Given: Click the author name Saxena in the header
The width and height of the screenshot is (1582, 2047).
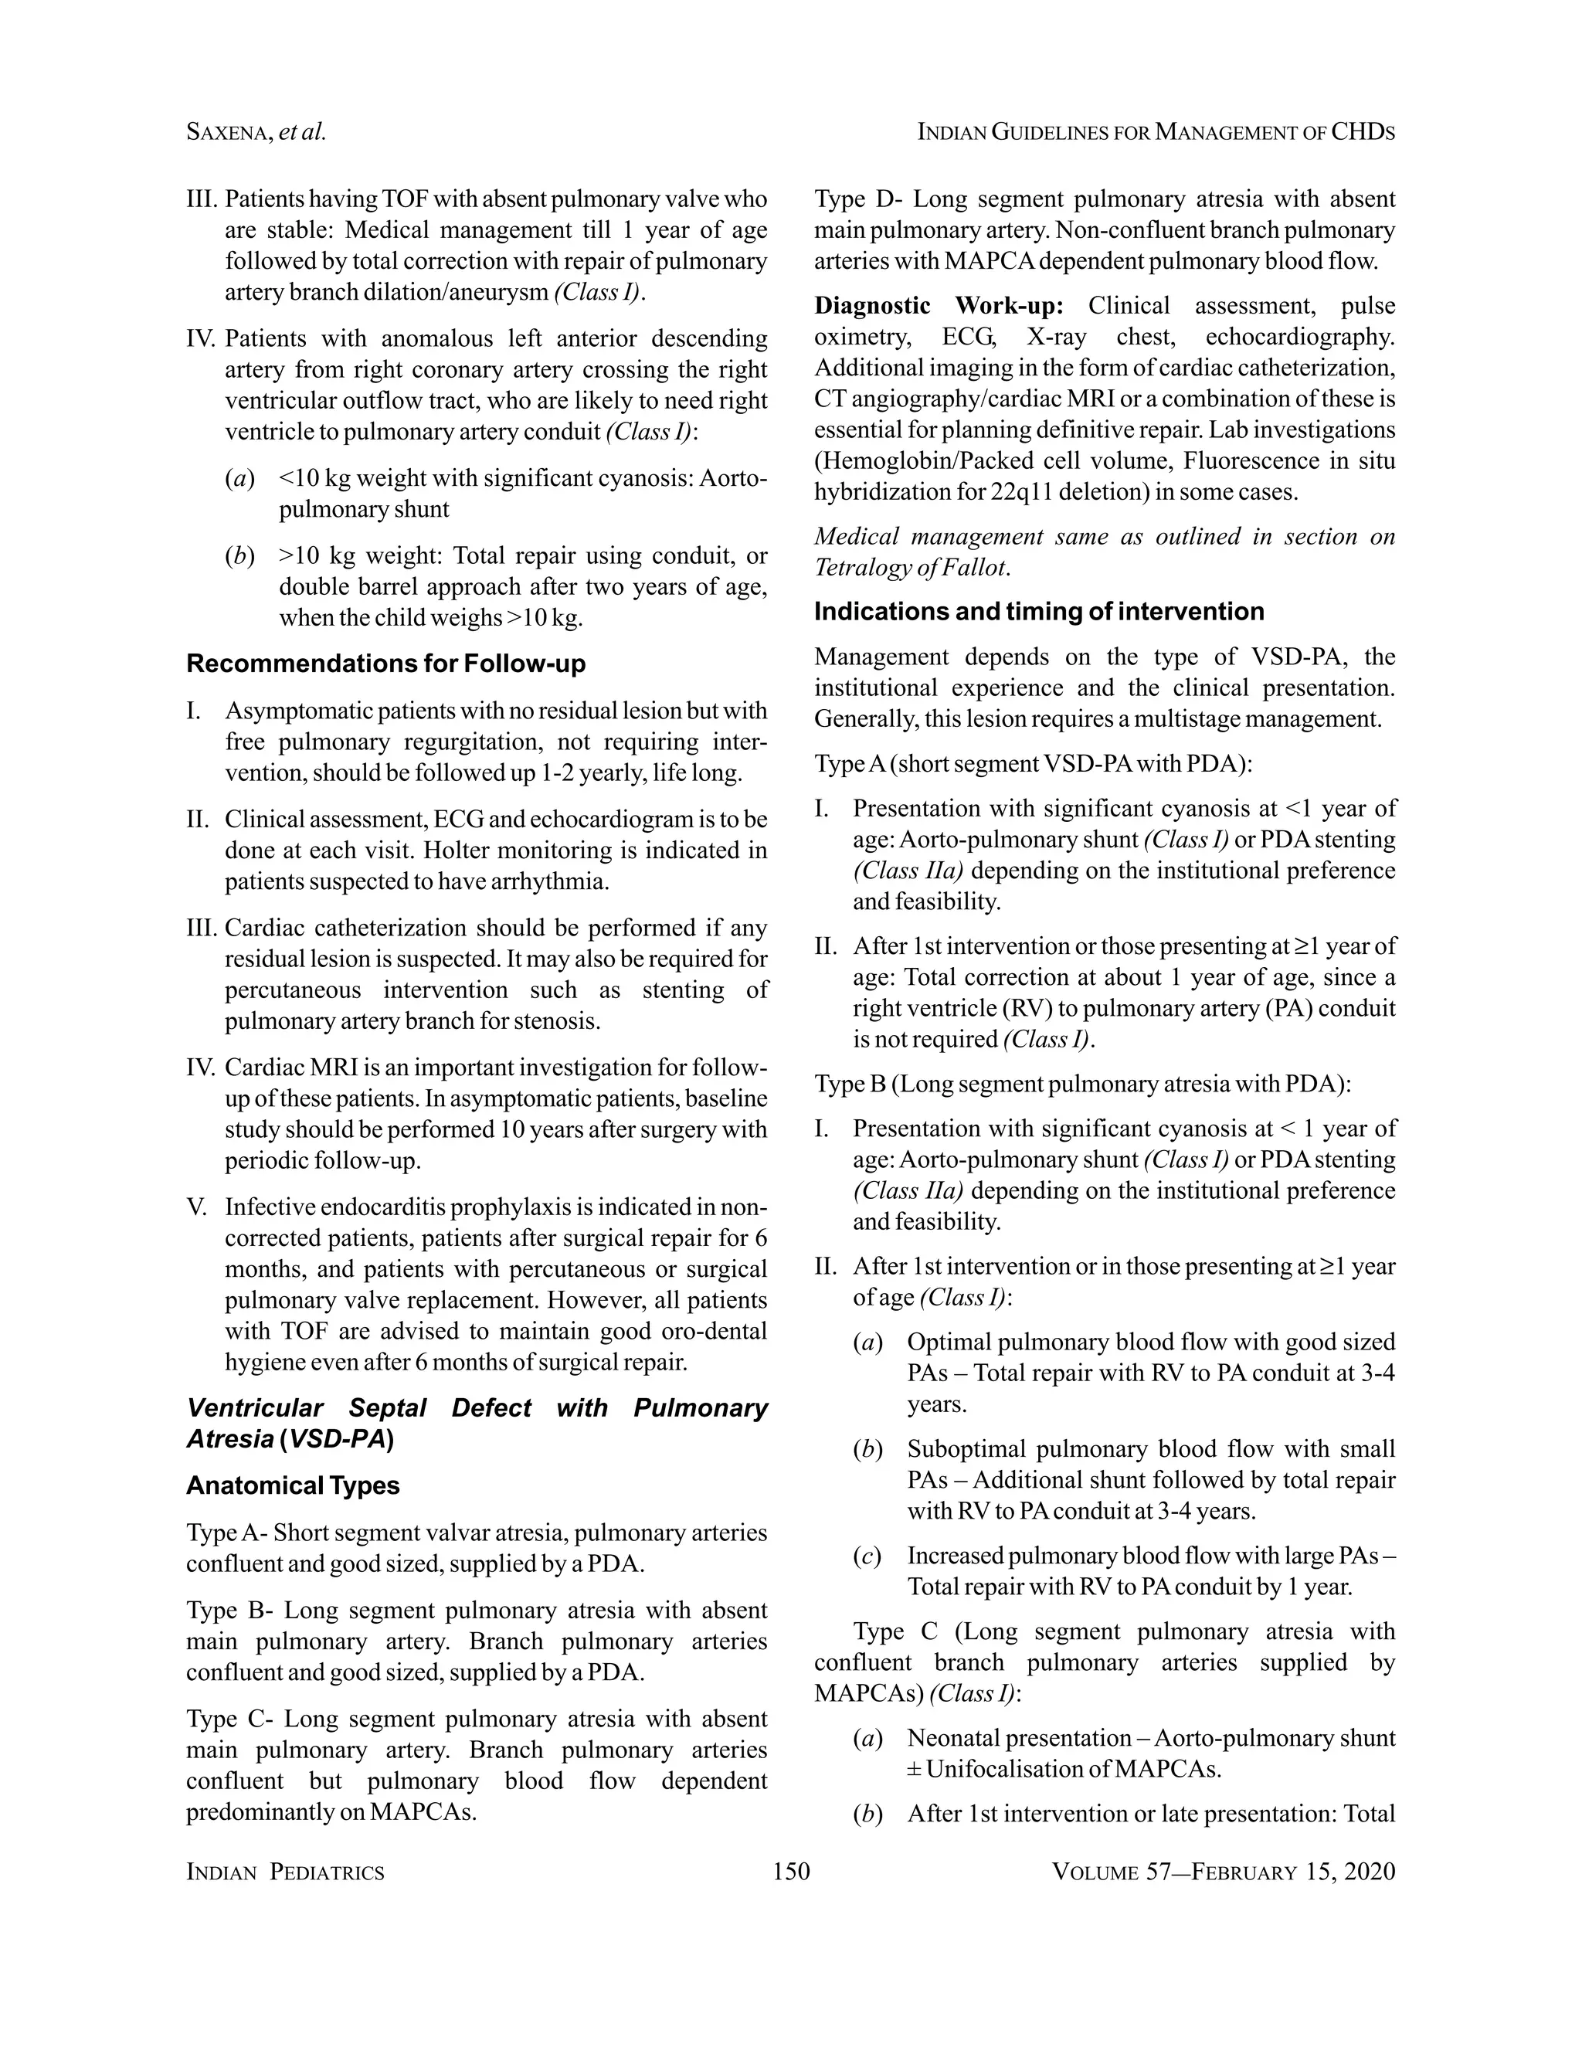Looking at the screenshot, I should [x=228, y=132].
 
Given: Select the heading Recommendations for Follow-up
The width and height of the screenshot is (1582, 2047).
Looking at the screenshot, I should [x=385, y=664].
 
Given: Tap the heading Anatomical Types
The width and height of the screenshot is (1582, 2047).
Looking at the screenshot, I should [x=293, y=1485].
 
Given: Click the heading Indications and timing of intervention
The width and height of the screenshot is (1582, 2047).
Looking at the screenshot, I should [x=1038, y=611].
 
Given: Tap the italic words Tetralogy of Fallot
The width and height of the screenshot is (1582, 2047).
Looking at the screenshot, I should [x=909, y=567].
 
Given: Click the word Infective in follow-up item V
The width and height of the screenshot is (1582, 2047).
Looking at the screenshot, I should [x=268, y=1207].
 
